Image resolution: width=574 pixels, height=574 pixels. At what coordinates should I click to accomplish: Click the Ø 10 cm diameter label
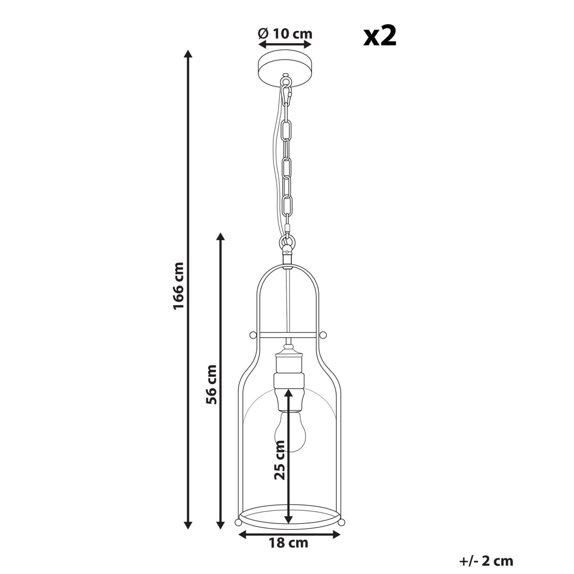(285, 33)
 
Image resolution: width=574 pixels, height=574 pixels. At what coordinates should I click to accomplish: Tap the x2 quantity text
(380, 36)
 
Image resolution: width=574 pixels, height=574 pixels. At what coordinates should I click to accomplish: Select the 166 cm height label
(178, 286)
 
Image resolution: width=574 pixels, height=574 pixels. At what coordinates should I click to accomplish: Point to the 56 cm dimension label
(211, 384)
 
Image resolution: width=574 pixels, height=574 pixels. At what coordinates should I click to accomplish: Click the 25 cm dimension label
(280, 460)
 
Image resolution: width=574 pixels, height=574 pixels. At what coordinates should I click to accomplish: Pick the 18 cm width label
(289, 543)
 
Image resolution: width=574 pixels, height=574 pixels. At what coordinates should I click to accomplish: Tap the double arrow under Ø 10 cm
(285, 44)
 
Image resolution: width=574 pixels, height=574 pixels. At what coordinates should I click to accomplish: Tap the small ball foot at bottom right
(340, 521)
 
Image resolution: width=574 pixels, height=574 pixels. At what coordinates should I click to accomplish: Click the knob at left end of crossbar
(252, 334)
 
